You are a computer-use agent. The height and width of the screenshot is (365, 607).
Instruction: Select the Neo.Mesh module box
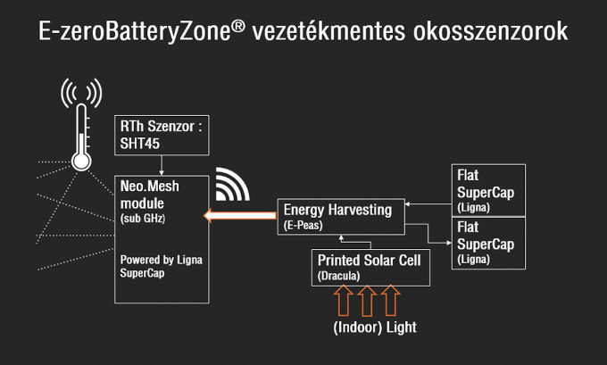point(162,237)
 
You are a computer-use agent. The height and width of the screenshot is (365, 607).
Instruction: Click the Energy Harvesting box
point(340,217)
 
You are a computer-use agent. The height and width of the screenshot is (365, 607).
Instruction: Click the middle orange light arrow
point(366,301)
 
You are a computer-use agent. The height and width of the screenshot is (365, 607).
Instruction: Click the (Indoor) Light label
point(375,328)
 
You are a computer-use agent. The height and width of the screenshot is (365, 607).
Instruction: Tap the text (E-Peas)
point(303,225)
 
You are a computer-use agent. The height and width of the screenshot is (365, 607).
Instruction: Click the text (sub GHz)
point(144,218)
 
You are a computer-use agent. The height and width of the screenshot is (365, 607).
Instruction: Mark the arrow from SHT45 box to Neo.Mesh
point(161,165)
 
